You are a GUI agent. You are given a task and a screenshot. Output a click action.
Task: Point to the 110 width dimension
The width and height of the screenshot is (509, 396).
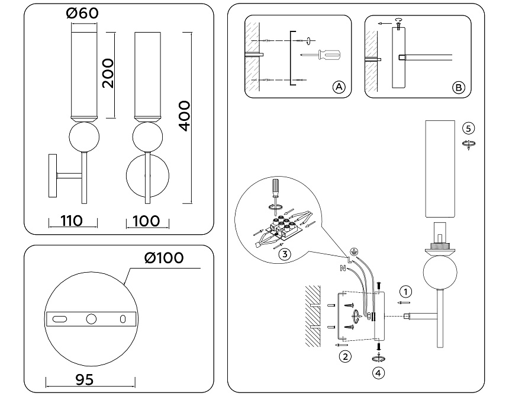click(72, 221)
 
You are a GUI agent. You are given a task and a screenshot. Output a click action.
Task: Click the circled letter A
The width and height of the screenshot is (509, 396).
click(339, 87)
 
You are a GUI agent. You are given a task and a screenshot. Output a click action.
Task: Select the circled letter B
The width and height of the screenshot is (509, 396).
click(458, 88)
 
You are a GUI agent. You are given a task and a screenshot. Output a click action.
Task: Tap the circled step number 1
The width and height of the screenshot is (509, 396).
click(405, 291)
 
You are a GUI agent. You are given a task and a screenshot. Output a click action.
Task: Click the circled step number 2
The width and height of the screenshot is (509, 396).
click(345, 356)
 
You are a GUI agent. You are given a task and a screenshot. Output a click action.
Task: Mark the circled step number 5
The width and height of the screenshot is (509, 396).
click(469, 128)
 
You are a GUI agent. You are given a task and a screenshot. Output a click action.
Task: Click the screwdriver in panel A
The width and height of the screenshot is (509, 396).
click(328, 56)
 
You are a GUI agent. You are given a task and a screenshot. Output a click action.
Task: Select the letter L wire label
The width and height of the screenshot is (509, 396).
click(350, 259)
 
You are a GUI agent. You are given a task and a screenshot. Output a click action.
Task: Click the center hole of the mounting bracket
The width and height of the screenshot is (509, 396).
click(91, 319)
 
